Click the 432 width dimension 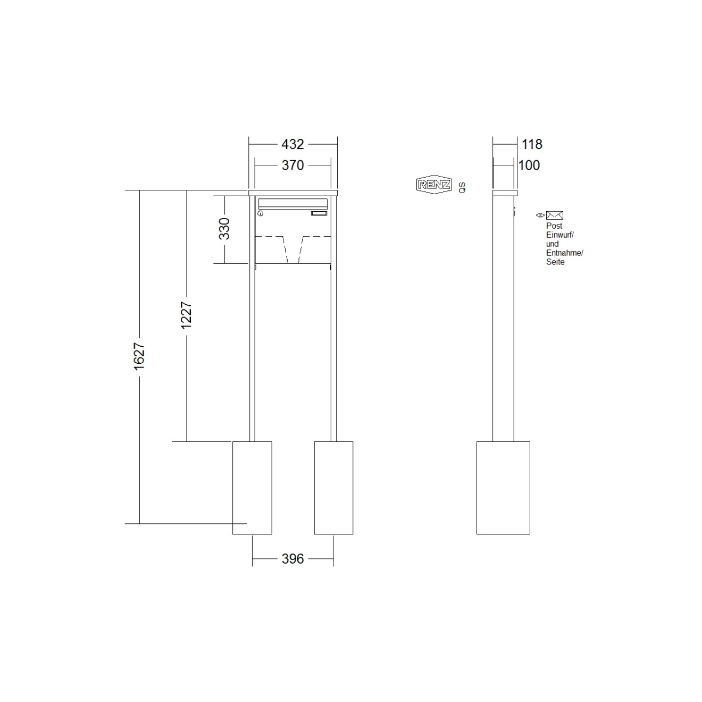[292, 144]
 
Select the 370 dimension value [292, 165]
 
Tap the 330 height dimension [224, 228]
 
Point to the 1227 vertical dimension [187, 315]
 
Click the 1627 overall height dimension [139, 356]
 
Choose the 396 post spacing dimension [292, 559]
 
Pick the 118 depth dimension [532, 144]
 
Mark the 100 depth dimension [529, 165]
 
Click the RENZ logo [434, 185]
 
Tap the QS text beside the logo [462, 188]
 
